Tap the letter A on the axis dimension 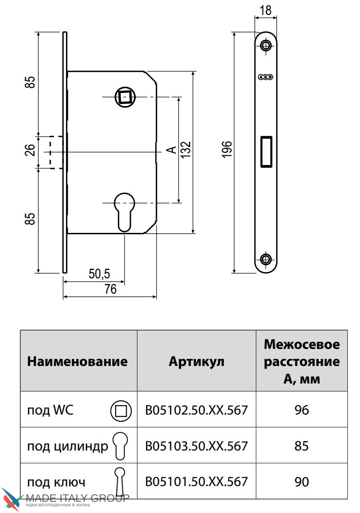click(x=171, y=150)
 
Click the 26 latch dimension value click(x=31, y=150)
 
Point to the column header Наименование click(x=77, y=361)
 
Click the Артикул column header click(x=196, y=361)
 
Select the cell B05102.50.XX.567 click(x=196, y=410)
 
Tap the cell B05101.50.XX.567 click(x=196, y=482)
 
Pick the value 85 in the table click(x=302, y=446)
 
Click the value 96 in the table click(x=302, y=410)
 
